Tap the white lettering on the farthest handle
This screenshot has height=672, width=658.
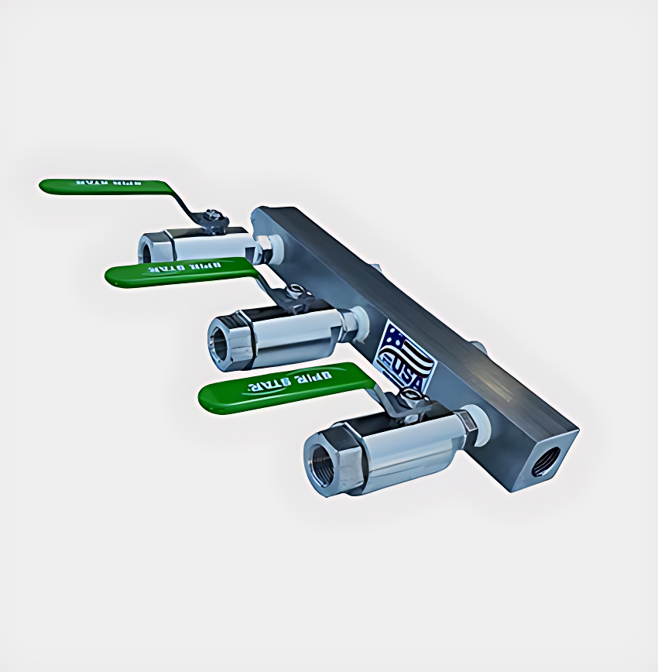click(x=102, y=184)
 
